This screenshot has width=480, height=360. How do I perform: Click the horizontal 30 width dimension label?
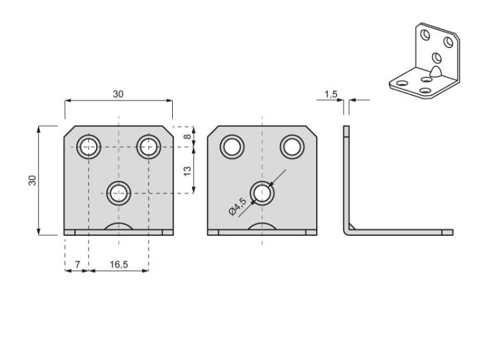[x=118, y=94]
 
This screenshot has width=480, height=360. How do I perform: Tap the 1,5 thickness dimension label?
[x=331, y=94]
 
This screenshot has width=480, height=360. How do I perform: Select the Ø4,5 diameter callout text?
[x=238, y=206]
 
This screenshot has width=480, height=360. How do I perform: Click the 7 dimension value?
[x=77, y=263]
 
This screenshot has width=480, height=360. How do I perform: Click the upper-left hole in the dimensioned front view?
[x=88, y=147]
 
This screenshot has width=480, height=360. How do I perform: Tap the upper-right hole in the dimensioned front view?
[x=148, y=147]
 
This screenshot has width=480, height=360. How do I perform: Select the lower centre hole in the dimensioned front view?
[x=118, y=192]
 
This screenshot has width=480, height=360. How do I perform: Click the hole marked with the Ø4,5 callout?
[x=262, y=192]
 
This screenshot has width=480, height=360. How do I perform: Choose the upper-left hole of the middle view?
[x=232, y=147]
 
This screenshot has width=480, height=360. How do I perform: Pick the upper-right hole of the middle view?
[x=292, y=147]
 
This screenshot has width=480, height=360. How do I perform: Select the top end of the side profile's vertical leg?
[x=346, y=128]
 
